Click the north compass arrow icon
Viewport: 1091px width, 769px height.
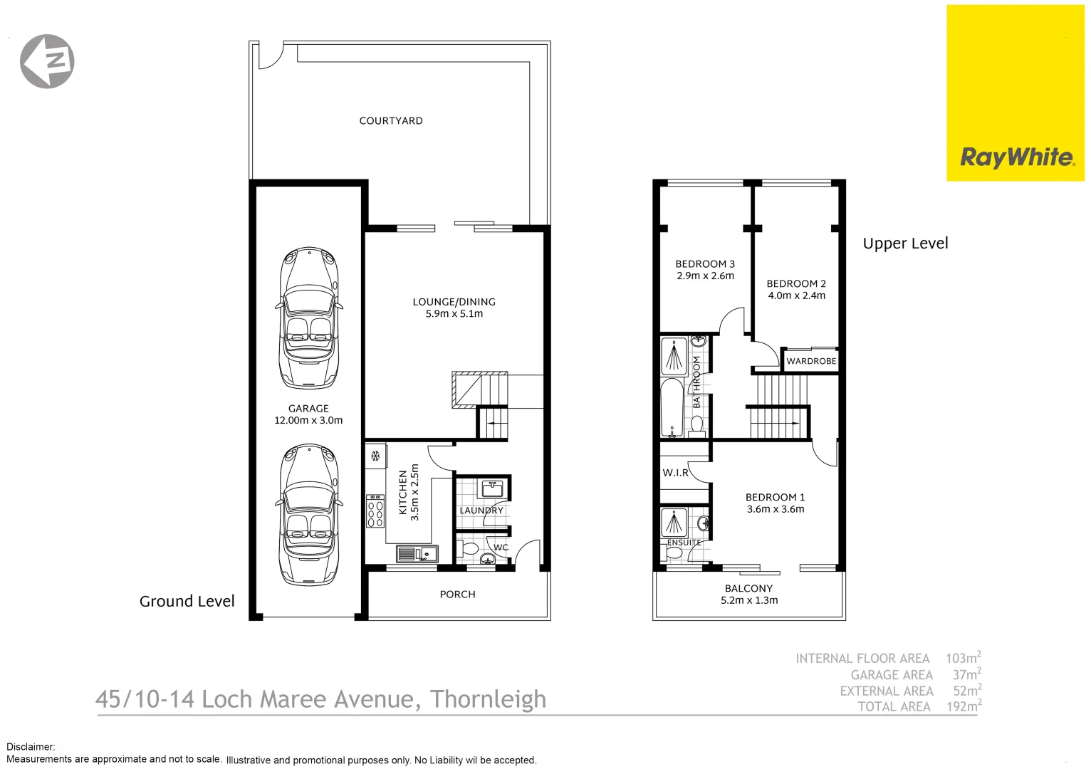pos(47,61)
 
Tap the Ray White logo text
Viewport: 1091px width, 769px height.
pos(1017,157)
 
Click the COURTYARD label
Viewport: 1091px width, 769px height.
pos(390,121)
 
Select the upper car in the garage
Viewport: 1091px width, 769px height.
pos(308,318)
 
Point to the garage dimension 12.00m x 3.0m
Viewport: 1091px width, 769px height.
pos(308,421)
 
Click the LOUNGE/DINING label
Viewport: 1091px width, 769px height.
pos(454,302)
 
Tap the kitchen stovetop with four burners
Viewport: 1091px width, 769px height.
pos(375,511)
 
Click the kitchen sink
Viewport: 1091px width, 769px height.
pos(417,553)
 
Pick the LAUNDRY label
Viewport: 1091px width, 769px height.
pos(481,511)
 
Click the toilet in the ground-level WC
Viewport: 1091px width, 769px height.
pos(469,550)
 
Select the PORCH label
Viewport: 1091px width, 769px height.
pos(457,595)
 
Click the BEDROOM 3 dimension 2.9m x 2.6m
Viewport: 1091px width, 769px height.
pos(705,276)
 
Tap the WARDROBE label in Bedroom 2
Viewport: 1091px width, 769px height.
pos(811,361)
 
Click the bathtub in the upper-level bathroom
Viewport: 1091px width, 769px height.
pos(672,407)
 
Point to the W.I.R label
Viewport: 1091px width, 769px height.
pos(675,473)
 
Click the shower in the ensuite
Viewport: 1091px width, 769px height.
pos(674,523)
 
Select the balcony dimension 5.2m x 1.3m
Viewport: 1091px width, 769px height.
pos(749,601)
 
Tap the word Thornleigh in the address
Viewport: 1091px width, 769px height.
pos(488,699)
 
